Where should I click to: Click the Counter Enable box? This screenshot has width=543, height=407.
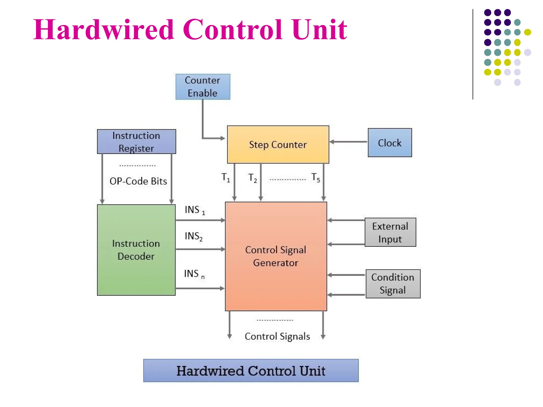(203, 87)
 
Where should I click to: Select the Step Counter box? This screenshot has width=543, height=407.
(278, 144)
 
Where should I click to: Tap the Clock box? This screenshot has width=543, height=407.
(389, 143)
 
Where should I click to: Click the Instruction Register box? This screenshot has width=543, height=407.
(136, 141)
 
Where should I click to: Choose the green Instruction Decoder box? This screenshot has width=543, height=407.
(136, 250)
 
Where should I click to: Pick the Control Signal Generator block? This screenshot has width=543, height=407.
(276, 256)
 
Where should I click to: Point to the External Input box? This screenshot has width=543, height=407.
(390, 232)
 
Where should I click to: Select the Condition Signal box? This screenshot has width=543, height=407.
(393, 284)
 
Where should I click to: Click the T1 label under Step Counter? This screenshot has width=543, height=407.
(226, 177)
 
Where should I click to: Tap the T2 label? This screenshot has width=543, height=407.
(252, 178)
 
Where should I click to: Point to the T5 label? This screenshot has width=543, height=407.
(316, 177)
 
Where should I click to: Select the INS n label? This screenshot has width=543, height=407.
(194, 274)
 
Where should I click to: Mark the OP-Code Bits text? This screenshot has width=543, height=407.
(138, 181)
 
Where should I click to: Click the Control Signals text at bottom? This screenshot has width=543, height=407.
(277, 336)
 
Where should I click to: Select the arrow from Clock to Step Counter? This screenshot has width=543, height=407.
(348, 142)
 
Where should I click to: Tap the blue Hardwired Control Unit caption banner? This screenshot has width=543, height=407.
(251, 370)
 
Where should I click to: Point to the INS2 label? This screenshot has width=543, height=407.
(194, 236)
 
